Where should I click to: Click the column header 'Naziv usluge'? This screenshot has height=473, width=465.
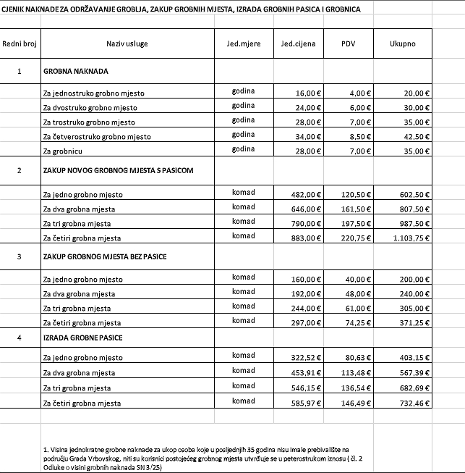127,44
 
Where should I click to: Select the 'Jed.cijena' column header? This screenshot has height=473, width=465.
298,44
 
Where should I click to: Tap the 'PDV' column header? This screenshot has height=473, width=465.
349,44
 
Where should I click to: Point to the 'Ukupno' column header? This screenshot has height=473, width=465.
402,44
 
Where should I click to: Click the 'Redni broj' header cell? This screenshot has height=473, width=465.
20,44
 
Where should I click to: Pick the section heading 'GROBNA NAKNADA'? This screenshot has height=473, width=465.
76,72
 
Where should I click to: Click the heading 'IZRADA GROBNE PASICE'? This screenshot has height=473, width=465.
83,338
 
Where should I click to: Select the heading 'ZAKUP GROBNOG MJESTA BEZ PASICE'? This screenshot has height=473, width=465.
106,257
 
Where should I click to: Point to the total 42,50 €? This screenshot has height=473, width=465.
417,137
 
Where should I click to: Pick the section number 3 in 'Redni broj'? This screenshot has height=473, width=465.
20,257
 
